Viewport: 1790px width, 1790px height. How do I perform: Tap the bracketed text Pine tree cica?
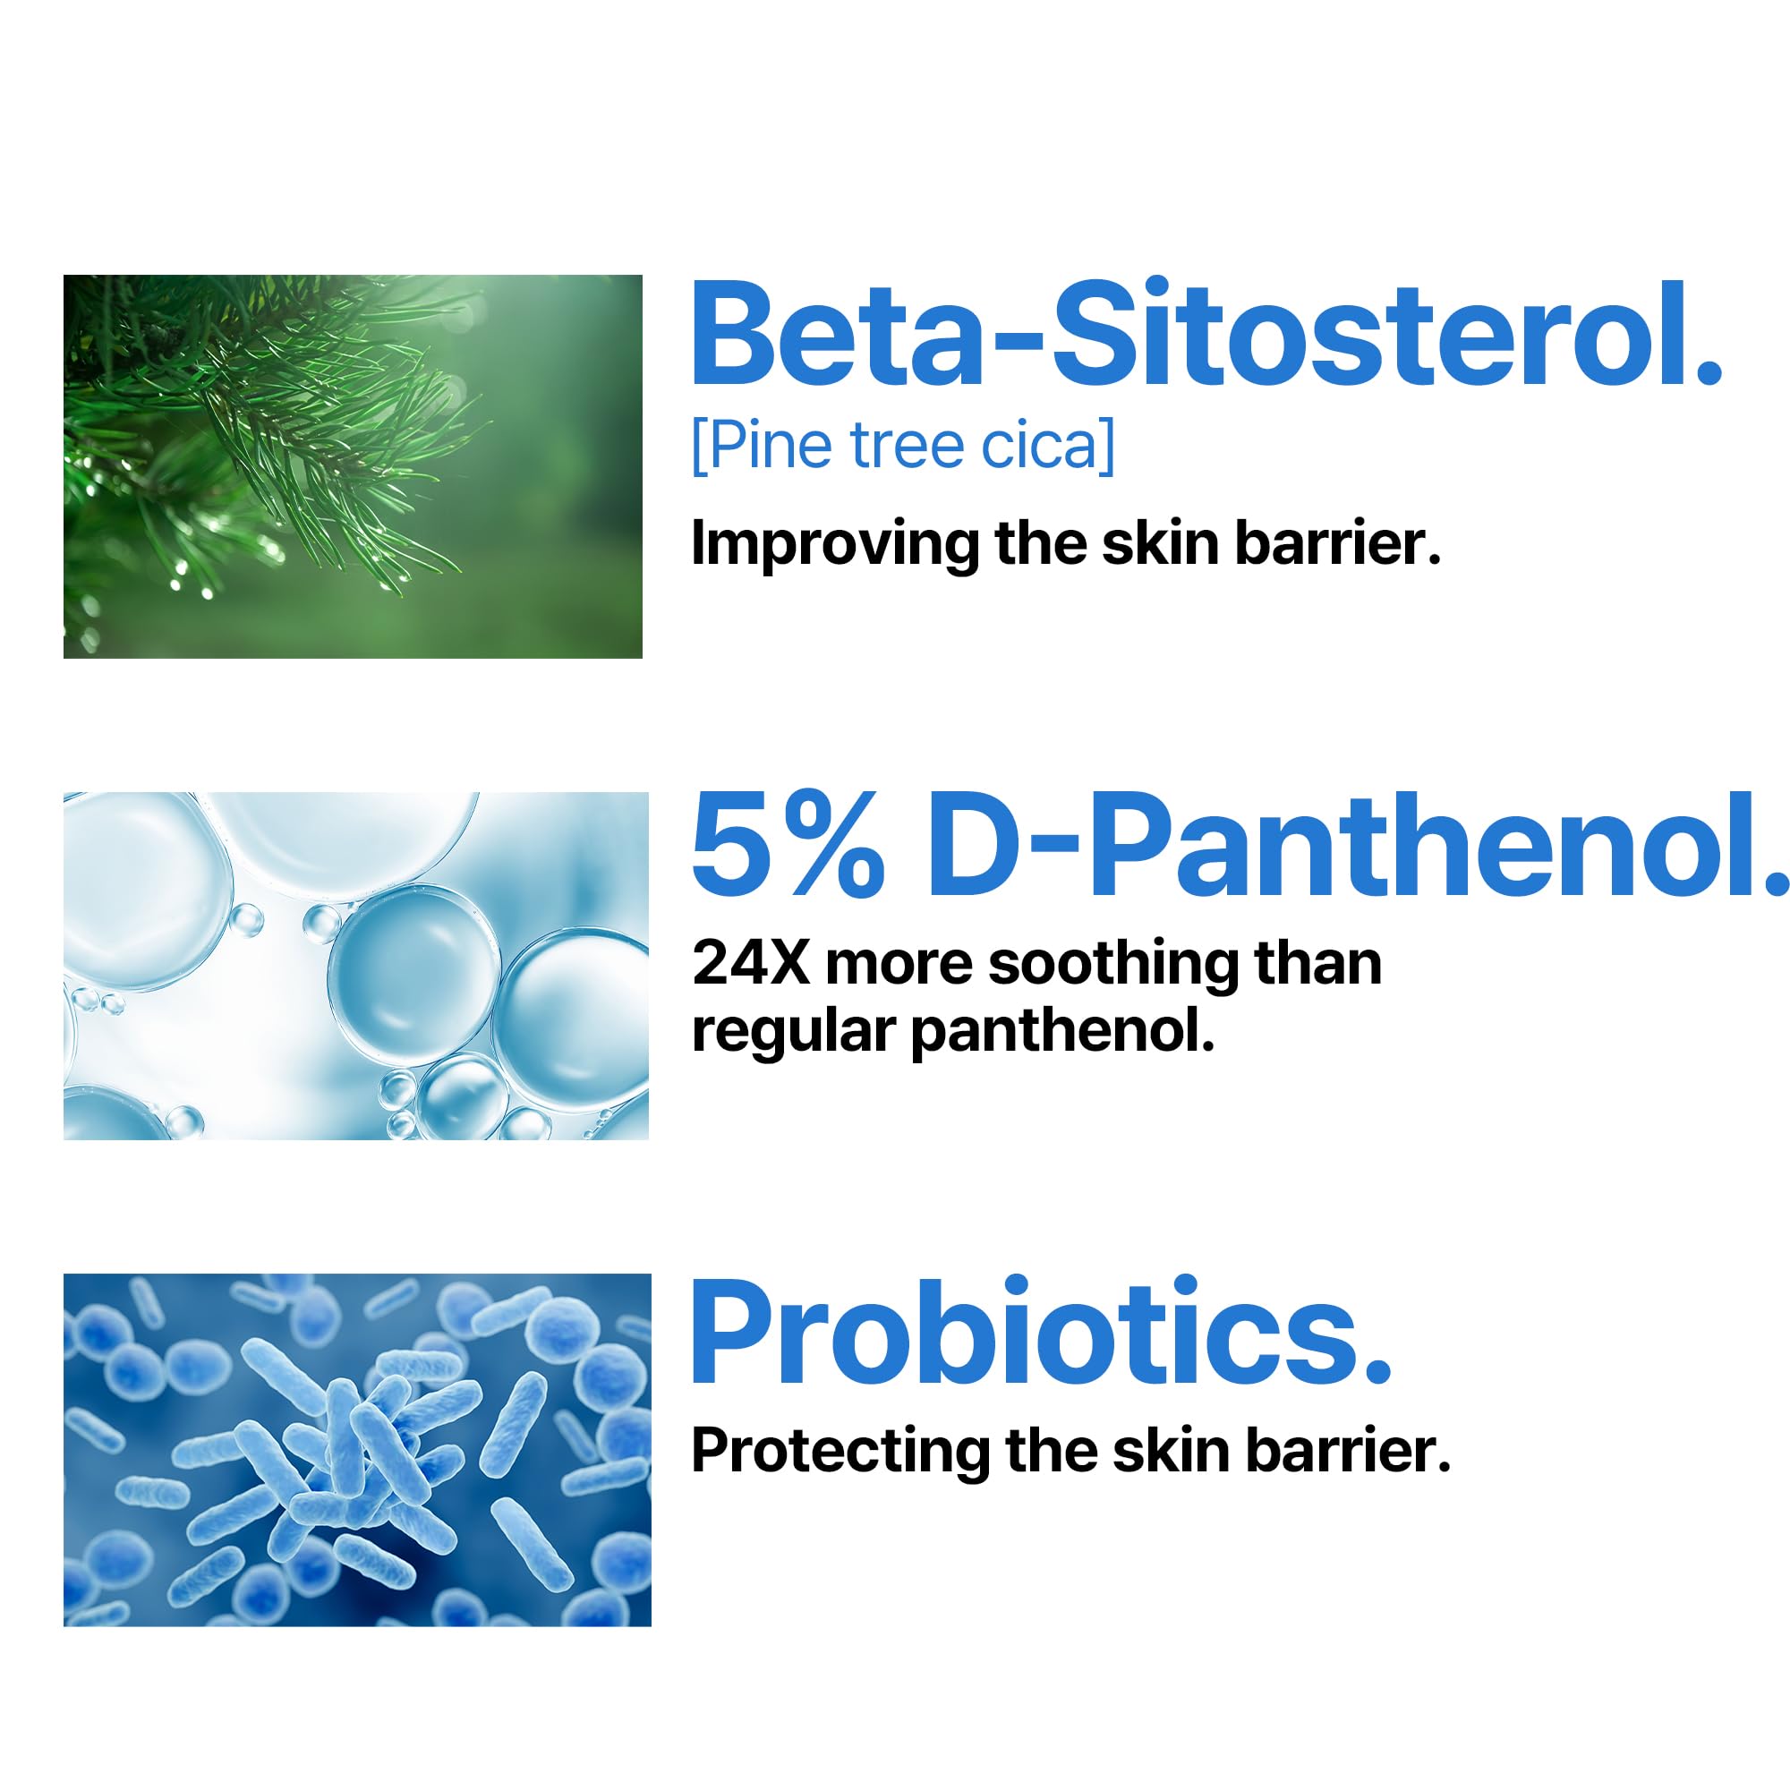point(903,447)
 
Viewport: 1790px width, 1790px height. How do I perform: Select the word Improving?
point(835,544)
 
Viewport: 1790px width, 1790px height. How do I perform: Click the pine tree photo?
point(352,466)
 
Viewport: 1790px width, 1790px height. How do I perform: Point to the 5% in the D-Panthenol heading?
point(788,848)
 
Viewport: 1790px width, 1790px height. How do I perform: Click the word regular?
point(793,1031)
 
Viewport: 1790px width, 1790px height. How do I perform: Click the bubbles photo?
point(356,966)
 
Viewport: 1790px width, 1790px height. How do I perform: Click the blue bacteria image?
point(357,1450)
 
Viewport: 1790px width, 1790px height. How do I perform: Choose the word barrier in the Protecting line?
point(1348,1451)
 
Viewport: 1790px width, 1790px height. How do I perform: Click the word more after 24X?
point(899,966)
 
